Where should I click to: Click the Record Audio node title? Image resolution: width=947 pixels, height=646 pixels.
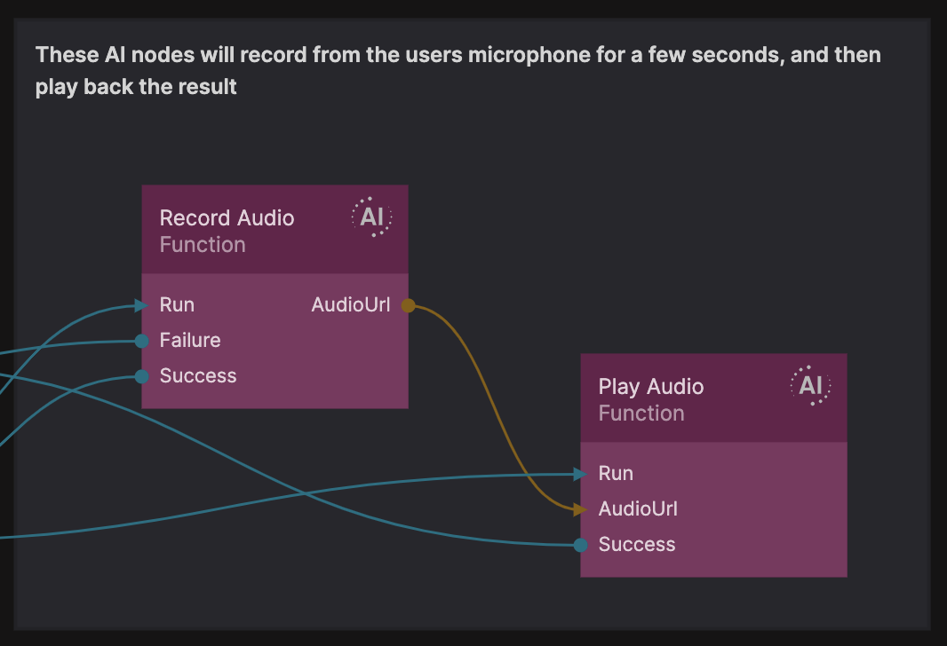(x=227, y=218)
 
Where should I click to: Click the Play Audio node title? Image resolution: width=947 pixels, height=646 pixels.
(x=650, y=387)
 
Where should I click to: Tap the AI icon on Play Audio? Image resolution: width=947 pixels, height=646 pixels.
(x=810, y=386)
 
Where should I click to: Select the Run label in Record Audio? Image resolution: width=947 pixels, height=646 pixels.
(x=177, y=305)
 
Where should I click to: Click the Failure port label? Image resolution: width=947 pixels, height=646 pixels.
(x=190, y=341)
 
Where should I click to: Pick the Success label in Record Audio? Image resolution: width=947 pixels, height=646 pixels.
(x=198, y=376)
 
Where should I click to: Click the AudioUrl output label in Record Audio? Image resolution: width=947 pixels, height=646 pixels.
(x=350, y=305)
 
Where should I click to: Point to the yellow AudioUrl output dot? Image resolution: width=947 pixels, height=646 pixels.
(x=408, y=306)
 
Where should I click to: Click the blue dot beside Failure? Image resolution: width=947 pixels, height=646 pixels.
(x=142, y=341)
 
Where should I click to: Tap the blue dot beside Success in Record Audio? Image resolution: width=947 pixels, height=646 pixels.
(x=142, y=376)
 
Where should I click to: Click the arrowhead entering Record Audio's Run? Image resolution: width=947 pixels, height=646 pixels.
(x=141, y=305)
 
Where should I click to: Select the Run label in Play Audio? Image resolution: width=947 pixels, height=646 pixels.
(x=616, y=474)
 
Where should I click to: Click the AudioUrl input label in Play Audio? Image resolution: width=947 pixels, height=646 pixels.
(x=638, y=509)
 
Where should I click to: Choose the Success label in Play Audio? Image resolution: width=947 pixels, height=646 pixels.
(x=637, y=545)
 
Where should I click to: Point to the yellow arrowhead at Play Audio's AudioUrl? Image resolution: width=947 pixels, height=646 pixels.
(x=580, y=509)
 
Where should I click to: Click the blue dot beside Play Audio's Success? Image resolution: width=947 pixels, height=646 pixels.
(x=580, y=545)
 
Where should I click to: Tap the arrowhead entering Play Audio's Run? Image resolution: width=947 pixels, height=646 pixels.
(x=580, y=475)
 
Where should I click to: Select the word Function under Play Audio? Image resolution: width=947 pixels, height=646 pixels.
(x=641, y=414)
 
